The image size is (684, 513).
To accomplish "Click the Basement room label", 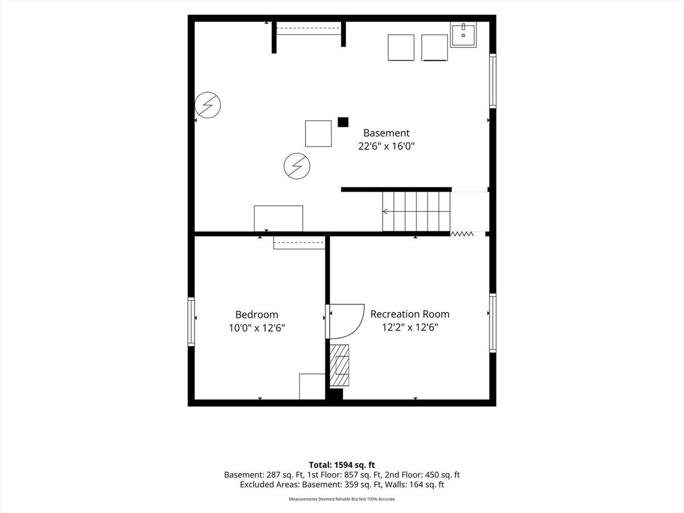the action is pyautogui.click(x=386, y=133).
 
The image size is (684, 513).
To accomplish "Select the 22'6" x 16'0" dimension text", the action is pyautogui.click(x=386, y=146).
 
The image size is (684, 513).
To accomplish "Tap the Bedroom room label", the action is pyautogui.click(x=256, y=315).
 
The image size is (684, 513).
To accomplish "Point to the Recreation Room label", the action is pyautogui.click(x=410, y=314).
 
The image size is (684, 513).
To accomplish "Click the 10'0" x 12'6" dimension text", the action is pyautogui.click(x=256, y=328).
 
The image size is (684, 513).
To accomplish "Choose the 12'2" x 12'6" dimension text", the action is pyautogui.click(x=410, y=327).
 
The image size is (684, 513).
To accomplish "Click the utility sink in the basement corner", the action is pyautogui.click(x=463, y=35).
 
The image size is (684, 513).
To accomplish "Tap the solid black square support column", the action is pyautogui.click(x=343, y=122).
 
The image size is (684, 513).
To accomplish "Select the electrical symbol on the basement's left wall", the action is pyautogui.click(x=207, y=105).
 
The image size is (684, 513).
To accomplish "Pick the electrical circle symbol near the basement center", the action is pyautogui.click(x=296, y=166).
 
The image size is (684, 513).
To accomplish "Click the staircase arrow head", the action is pyautogui.click(x=385, y=212).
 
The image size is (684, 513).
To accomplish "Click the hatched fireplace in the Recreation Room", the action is pyautogui.click(x=339, y=365).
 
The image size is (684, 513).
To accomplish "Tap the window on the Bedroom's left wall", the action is pyautogui.click(x=191, y=321).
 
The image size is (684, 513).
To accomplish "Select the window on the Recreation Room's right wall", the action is pyautogui.click(x=492, y=323).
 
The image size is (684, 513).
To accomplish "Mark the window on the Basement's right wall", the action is pyautogui.click(x=492, y=81).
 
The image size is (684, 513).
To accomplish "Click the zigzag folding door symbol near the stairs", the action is pyautogui.click(x=462, y=234).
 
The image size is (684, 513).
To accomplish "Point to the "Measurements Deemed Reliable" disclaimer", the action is pyautogui.click(x=342, y=499).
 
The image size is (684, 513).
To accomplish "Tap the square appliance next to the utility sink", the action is pyautogui.click(x=434, y=47).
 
